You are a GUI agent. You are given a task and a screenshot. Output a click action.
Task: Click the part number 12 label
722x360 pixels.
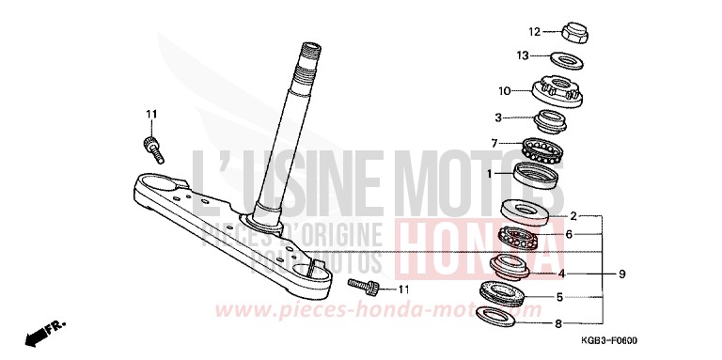coord(532,30)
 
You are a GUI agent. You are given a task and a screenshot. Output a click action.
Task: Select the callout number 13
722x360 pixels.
coord(523,55)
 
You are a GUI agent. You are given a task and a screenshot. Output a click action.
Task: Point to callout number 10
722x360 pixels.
coord(504,91)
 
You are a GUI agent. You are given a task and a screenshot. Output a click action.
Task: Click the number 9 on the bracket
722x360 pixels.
coord(621,274)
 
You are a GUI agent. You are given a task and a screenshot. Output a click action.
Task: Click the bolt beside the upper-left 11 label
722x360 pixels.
coord(150,145)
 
